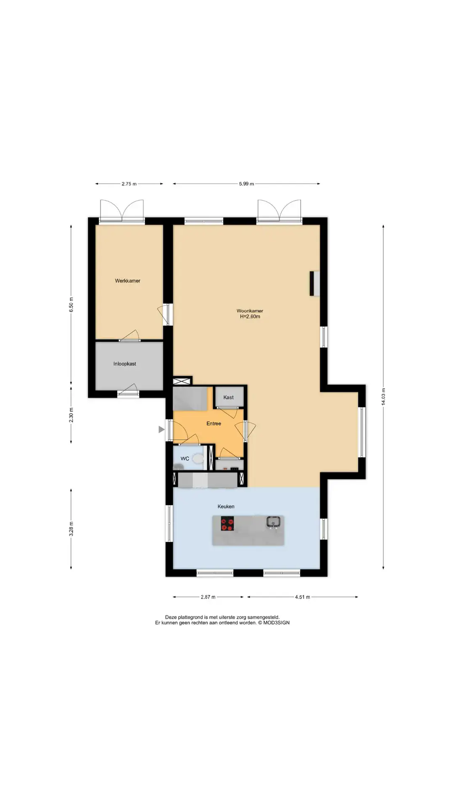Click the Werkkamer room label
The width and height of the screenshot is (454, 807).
[x=127, y=281]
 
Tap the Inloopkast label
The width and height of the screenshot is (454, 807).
[x=124, y=364]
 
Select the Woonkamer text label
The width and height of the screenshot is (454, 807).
[x=250, y=311]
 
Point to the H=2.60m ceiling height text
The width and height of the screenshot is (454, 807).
[x=250, y=316]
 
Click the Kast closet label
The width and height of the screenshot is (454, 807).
[x=228, y=397]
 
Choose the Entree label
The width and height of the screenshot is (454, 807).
[x=214, y=424]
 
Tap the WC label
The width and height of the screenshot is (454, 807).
[x=185, y=459]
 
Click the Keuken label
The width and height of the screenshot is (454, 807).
[x=226, y=506]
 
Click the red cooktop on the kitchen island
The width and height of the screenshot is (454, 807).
[x=228, y=524]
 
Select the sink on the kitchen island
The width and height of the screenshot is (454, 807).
[x=273, y=522]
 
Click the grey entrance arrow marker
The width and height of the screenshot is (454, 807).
[x=161, y=429]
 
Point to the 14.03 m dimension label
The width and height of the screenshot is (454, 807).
[x=383, y=397]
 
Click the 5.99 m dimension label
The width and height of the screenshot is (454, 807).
[x=246, y=184]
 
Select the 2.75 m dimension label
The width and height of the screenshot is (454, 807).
[x=129, y=184]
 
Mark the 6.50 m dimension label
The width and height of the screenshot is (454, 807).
[x=71, y=307]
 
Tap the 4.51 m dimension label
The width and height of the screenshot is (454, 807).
[x=302, y=597]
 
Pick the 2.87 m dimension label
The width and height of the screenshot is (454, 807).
[x=208, y=597]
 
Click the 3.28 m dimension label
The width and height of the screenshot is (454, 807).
[x=71, y=529]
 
